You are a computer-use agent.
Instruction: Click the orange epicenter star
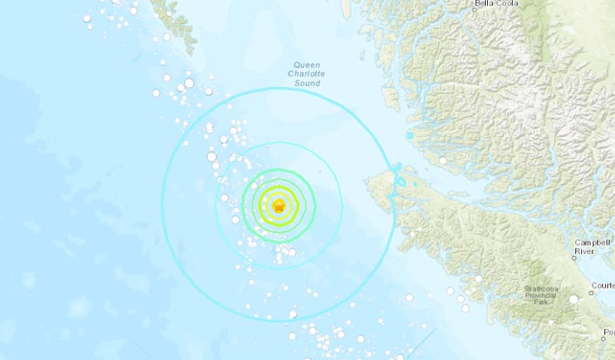click(x=280, y=207)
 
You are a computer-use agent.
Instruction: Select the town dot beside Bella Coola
click(x=474, y=10)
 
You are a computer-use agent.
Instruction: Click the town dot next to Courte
click(x=592, y=293)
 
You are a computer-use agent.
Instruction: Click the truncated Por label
click(x=609, y=331)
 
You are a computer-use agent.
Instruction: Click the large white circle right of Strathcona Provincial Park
click(x=573, y=299)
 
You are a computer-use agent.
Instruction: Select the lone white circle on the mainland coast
click(x=443, y=161)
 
